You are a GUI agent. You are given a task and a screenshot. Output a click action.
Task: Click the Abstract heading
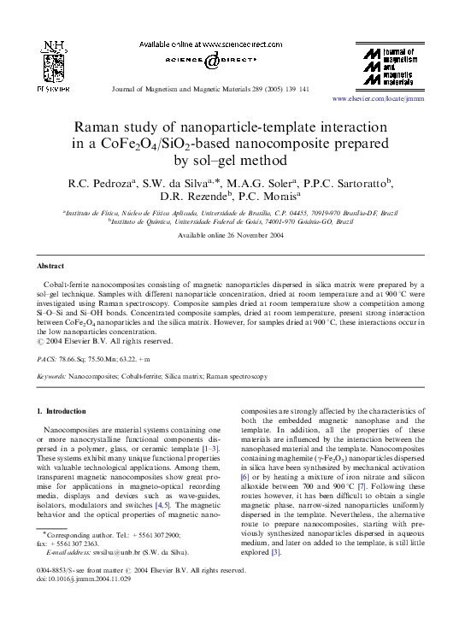(51, 266)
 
